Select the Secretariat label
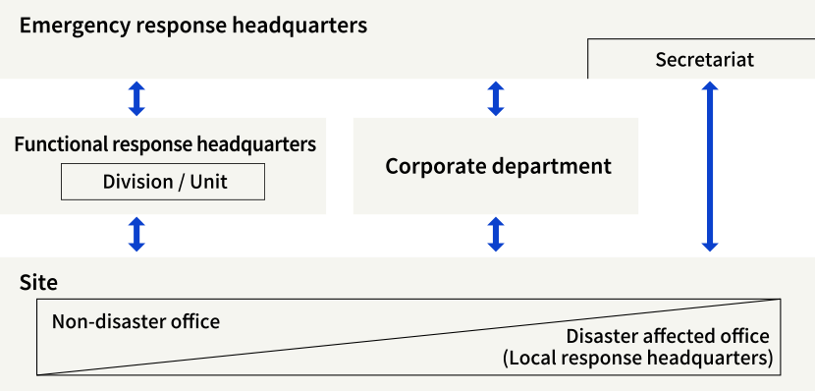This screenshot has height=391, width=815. (x=704, y=61)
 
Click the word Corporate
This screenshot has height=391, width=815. (x=429, y=166)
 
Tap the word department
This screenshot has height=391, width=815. (x=552, y=167)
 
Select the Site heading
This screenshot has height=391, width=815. (x=39, y=284)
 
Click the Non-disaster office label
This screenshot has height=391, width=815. (x=136, y=321)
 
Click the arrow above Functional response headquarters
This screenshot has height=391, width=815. (x=136, y=98)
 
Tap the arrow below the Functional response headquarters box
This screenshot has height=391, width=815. (x=136, y=235)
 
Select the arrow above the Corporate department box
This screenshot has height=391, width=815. (x=496, y=98)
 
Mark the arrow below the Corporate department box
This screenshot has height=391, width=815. (x=496, y=235)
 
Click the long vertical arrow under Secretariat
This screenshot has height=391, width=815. (x=710, y=167)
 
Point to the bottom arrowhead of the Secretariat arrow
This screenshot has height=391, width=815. (x=710, y=246)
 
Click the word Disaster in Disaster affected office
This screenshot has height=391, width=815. (x=600, y=336)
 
